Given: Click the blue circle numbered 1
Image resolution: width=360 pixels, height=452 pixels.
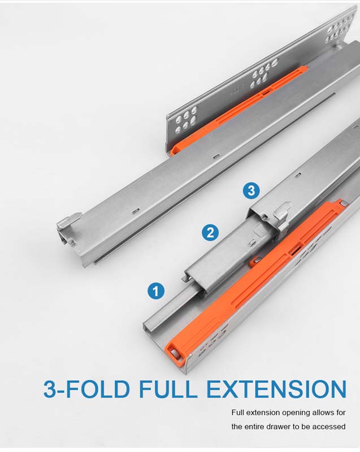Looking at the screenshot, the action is tap(156, 291).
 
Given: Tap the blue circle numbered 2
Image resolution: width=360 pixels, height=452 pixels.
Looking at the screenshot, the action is tap(210, 232).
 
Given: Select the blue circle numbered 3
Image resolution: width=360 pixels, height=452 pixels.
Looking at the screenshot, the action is tap(251, 190).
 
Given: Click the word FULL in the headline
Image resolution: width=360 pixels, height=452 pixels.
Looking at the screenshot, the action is tap(168, 389).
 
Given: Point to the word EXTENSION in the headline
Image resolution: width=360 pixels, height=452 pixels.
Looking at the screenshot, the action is tap(276, 389).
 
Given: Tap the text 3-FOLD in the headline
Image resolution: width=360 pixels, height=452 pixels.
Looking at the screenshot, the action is tap(86, 389).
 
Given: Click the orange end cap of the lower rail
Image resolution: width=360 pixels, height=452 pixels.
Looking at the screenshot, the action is tap(175, 351).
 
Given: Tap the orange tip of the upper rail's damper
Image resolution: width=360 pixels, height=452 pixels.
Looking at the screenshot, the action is tap(176, 149).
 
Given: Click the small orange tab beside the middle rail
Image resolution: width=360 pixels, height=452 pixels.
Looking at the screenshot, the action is tap(254, 261).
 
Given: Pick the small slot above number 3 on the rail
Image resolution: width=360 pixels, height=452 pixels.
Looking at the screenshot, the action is tap(298, 175).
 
